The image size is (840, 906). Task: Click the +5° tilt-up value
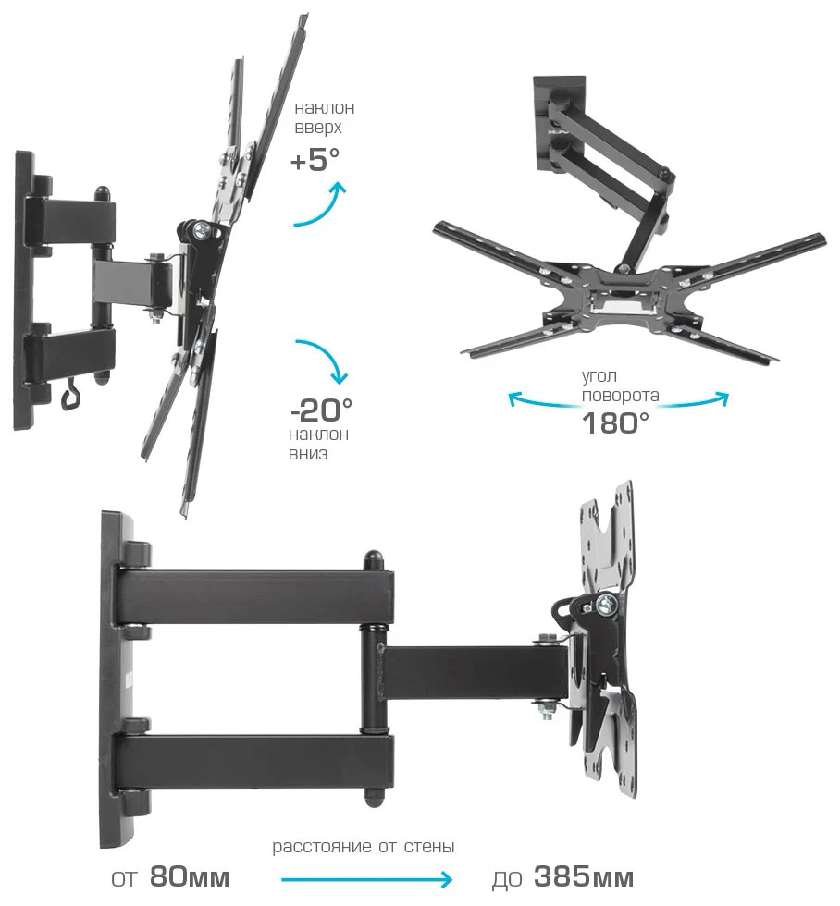coord(315,160)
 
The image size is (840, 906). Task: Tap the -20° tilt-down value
coord(321,410)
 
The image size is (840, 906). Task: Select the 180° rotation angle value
coord(615,423)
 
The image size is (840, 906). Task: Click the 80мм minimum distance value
coord(190,876)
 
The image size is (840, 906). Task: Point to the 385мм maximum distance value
coord(584,876)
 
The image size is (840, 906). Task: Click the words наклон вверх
coord(325,117)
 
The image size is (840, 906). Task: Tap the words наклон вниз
coord(318,443)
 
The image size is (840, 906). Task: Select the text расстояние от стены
coord(363,847)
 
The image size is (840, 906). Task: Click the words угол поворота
coord(620,386)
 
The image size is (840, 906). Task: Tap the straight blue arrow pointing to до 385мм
coord(366,880)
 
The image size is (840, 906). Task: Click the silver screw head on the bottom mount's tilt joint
coord(607,605)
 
